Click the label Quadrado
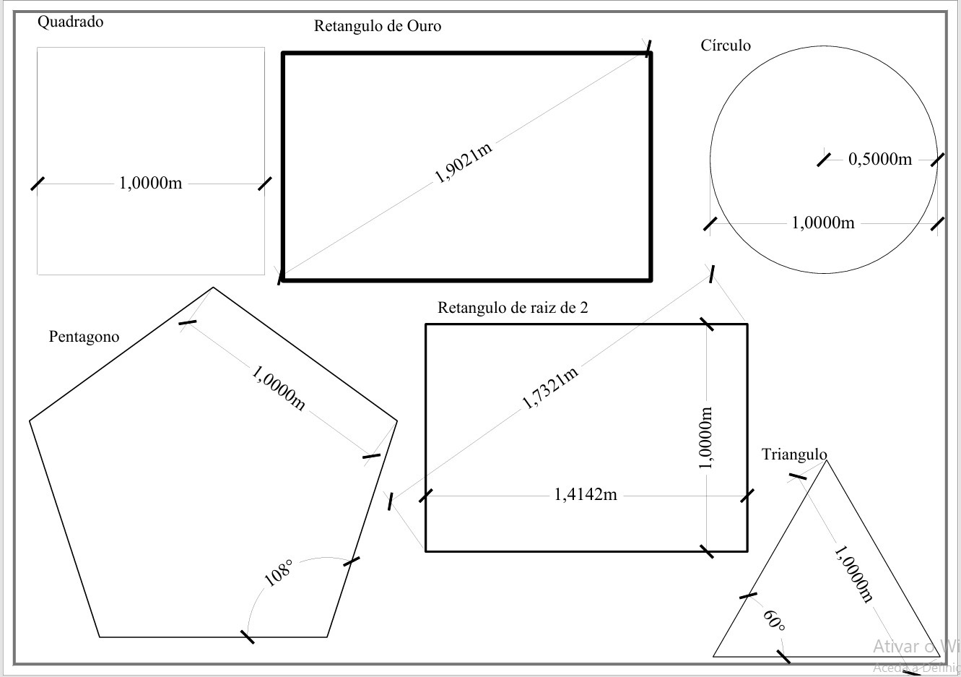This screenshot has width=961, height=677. click(x=70, y=22)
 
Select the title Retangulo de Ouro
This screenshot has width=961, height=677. click(x=377, y=27)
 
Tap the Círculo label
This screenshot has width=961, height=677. click(x=726, y=46)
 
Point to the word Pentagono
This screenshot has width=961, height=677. click(x=84, y=337)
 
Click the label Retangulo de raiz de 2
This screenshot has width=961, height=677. click(x=513, y=308)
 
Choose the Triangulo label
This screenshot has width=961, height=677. click(x=794, y=454)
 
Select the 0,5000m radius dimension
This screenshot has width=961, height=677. click(x=879, y=159)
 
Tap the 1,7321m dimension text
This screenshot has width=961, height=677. click(x=551, y=388)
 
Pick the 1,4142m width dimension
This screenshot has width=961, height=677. click(x=586, y=495)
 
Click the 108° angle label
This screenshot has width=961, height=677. click(x=279, y=572)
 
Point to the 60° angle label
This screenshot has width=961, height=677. click(x=773, y=620)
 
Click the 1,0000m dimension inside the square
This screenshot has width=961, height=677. click(x=150, y=184)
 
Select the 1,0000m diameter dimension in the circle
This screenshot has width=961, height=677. click(x=823, y=223)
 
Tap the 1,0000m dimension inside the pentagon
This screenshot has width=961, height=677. click(x=279, y=387)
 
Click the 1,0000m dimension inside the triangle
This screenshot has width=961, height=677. click(x=853, y=574)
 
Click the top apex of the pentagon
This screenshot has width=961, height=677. click(x=213, y=288)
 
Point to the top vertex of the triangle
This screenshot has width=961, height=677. click(x=826, y=460)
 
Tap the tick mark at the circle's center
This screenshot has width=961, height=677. click(x=824, y=159)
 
